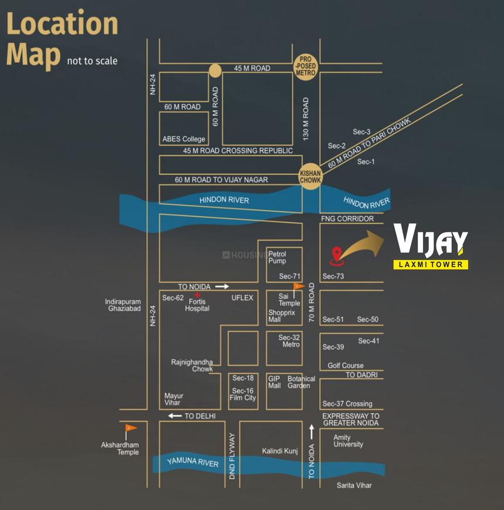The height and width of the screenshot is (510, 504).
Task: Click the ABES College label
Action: pyautogui.click(x=184, y=139)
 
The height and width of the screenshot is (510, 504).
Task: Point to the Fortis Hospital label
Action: pyautogui.click(x=197, y=305)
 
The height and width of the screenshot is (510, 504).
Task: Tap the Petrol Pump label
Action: pyautogui.click(x=278, y=257)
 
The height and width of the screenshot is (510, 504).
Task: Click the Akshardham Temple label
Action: pyautogui.click(x=120, y=448)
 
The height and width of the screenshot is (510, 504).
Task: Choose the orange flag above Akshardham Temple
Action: pyautogui.click(x=131, y=428)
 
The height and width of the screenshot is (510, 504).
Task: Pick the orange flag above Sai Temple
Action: pyautogui.click(x=298, y=286)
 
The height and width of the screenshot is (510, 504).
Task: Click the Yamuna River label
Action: pyautogui.click(x=193, y=462)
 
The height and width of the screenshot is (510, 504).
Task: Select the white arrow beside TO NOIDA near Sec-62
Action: pyautogui.click(x=222, y=286)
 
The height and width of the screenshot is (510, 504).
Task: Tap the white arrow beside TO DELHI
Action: pyautogui.click(x=175, y=416)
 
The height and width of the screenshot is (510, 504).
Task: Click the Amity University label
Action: pyautogui.click(x=349, y=441)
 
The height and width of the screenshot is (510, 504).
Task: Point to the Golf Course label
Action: pyautogui.click(x=346, y=366)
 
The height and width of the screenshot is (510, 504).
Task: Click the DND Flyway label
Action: pyautogui.click(x=232, y=457)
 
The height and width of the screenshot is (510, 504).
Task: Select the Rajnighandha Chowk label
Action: pyautogui.click(x=192, y=366)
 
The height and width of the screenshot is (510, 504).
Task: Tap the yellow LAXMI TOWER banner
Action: pyautogui.click(x=431, y=265)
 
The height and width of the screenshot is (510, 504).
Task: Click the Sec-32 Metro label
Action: pyautogui.click(x=289, y=341)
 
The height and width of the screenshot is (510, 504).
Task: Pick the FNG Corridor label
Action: pyautogui.click(x=347, y=219)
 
